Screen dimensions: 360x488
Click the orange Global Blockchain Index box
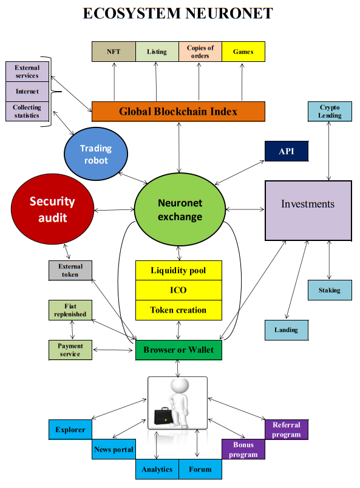click(178, 112)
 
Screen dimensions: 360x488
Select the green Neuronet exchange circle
click(180, 209)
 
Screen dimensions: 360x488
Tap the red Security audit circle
click(52, 209)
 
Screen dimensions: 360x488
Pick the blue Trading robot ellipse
click(96, 154)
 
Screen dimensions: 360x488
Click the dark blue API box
click(287, 151)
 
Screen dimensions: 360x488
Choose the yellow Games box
click(243, 52)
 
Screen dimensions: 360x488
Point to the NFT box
click(114, 52)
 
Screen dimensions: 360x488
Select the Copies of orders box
click(200, 52)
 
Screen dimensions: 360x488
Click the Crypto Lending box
click(330, 112)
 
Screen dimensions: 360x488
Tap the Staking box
click(330, 290)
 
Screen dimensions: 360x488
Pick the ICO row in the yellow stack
click(178, 290)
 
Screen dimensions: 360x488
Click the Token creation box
click(178, 310)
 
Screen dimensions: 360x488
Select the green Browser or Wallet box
click(178, 350)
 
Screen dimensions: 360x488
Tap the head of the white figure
click(179, 386)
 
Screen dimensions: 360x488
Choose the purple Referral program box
click(287, 430)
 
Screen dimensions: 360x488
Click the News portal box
click(114, 449)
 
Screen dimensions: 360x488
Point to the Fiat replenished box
click(70, 310)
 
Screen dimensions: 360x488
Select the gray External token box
click(70, 271)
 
